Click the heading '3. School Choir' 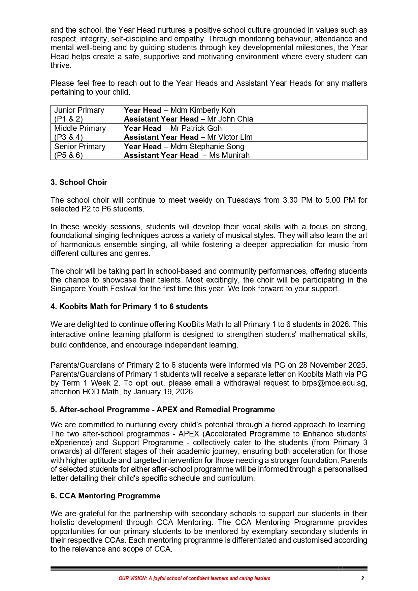[x=78, y=182]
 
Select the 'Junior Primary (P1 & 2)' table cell [x=79, y=114]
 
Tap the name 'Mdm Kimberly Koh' [x=203, y=110]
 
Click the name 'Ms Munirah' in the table [x=229, y=155]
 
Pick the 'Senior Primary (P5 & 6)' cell [x=80, y=151]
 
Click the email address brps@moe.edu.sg [x=334, y=383]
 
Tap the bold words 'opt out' [x=149, y=383]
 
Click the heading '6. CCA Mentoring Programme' [x=105, y=496]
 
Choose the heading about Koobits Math [x=129, y=306]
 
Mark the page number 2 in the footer [x=362, y=578]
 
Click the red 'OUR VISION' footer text [x=194, y=578]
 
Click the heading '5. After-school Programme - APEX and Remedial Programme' [x=163, y=409]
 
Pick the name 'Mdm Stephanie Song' [x=207, y=146]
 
